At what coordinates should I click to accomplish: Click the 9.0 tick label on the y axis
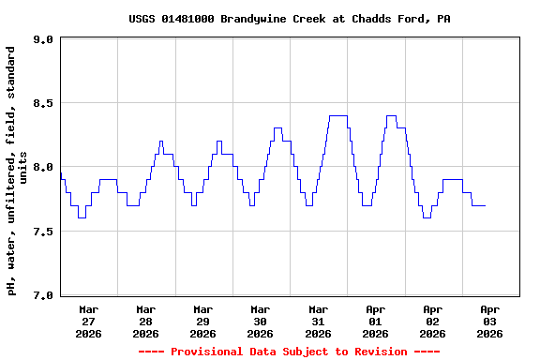point(42,39)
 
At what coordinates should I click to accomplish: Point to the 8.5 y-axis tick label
point(42,103)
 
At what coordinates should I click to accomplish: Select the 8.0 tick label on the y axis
point(42,167)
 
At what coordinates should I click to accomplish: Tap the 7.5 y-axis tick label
point(42,231)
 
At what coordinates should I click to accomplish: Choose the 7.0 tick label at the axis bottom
point(42,294)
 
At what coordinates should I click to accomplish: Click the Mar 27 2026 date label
point(88,321)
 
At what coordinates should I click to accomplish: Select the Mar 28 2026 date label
point(145,321)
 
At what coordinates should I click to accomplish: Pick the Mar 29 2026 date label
point(202,321)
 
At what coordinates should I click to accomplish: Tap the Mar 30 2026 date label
point(260,321)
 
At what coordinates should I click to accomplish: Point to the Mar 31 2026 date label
point(318,321)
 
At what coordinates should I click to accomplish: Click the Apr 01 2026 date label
point(375,321)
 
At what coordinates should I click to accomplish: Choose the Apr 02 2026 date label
point(432,321)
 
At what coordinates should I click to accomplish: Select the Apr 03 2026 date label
point(489,321)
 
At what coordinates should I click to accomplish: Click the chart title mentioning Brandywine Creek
point(290,19)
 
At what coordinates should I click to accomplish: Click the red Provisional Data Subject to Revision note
point(289,352)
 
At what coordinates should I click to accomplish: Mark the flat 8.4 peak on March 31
point(338,116)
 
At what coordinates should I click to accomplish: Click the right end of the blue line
point(485,205)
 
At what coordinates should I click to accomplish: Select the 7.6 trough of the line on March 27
point(82,217)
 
